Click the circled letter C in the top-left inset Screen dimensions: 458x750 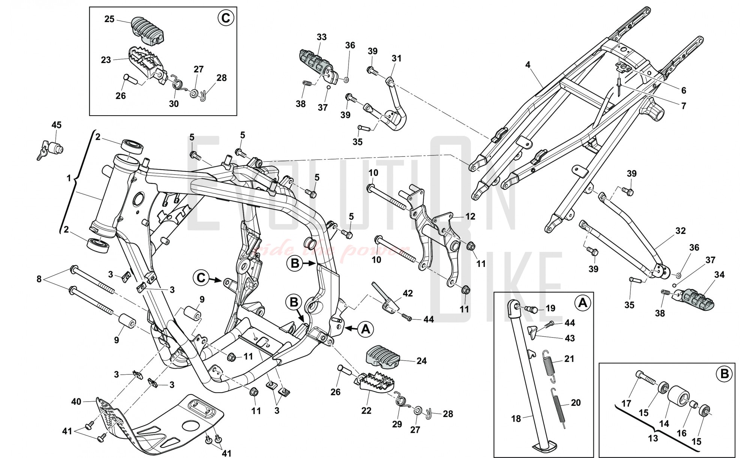pos(226,18)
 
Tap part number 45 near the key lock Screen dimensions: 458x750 pos(56,125)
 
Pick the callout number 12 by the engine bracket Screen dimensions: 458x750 pos(470,216)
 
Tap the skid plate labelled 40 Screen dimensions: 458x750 pos(157,424)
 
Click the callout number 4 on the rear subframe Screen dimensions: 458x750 pos(528,65)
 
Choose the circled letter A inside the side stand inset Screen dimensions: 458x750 pos(582,303)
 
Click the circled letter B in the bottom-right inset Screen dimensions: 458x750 pos(724,374)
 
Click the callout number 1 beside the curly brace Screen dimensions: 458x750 pos(69,178)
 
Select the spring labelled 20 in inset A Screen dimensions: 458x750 pos(559,409)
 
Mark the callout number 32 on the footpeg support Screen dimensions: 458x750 pos(680,231)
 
